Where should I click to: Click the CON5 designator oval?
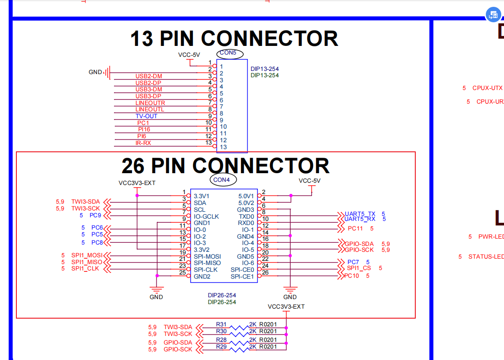click(228, 53)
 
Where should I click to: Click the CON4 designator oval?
click(223, 180)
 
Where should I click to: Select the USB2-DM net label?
click(149, 76)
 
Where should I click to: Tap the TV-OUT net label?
click(146, 116)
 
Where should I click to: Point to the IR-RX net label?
click(143, 143)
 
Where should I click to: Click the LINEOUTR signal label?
click(150, 103)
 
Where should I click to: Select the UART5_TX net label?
click(360, 214)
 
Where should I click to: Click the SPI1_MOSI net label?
click(87, 255)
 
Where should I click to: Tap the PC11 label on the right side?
click(355, 229)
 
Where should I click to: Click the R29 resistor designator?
click(222, 347)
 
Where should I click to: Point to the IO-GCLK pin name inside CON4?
click(206, 216)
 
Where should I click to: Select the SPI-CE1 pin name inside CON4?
click(242, 276)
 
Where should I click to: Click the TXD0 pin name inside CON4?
click(246, 216)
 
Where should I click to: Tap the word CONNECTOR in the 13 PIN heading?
click(270, 39)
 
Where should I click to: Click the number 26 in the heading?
click(133, 166)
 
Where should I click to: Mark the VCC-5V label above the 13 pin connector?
click(189, 55)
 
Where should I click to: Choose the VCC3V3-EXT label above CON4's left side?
click(137, 183)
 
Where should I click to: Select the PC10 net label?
click(352, 276)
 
